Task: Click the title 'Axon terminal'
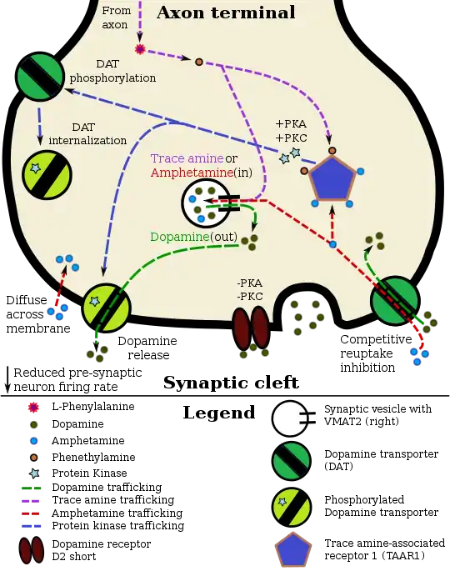(x=226, y=13)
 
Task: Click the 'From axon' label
(x=116, y=18)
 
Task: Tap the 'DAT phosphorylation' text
(x=112, y=73)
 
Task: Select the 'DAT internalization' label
(x=87, y=133)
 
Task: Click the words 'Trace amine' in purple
(x=186, y=158)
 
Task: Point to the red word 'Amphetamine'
(x=184, y=173)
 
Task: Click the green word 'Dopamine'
(x=179, y=237)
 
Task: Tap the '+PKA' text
(x=290, y=124)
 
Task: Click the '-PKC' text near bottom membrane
(x=249, y=297)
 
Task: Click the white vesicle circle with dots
(x=202, y=203)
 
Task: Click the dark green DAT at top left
(x=40, y=76)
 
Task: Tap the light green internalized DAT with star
(x=47, y=174)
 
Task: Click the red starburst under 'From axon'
(x=140, y=50)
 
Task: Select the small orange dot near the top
(x=198, y=62)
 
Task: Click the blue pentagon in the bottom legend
(x=292, y=551)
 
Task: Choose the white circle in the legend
(x=290, y=418)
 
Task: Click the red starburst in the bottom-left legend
(x=33, y=407)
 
